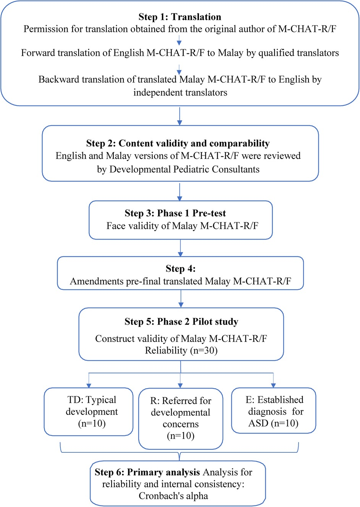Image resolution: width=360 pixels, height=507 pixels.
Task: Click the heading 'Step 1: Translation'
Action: (179, 17)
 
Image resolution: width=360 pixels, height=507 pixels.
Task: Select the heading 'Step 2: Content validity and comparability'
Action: (178, 143)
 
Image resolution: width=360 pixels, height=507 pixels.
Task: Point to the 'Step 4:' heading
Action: (181, 269)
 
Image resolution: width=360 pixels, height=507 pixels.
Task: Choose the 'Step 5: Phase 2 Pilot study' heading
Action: (181, 322)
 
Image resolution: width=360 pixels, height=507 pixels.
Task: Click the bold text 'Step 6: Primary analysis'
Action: (147, 472)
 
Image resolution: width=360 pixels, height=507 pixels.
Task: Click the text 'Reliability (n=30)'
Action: (181, 350)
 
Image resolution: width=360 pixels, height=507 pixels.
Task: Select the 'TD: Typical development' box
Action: (89, 411)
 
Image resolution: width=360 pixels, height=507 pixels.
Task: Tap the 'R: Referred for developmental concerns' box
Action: (181, 418)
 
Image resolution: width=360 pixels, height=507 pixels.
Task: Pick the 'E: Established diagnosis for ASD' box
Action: (274, 411)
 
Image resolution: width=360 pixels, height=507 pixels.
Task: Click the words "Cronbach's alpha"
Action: (173, 496)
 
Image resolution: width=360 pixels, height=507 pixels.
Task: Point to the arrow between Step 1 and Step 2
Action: (179, 116)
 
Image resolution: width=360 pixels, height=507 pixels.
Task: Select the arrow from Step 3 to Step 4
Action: (181, 248)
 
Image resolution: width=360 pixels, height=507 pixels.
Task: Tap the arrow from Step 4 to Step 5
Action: (181, 299)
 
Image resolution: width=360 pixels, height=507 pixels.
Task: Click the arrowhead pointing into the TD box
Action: (89, 385)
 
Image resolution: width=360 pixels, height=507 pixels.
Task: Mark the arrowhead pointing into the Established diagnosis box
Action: (273, 385)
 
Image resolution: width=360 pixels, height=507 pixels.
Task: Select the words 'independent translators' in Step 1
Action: (180, 92)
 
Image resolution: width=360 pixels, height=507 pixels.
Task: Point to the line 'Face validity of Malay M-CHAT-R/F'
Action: (182, 226)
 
